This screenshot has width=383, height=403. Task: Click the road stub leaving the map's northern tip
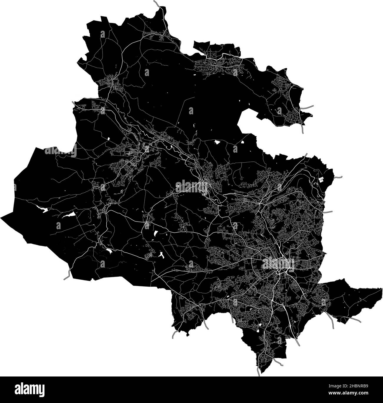pyautogui.click(x=156, y=3)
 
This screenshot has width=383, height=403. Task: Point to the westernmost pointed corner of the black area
pyautogui.click(x=1, y=217)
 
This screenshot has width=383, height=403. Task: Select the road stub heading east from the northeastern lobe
pyautogui.click(x=309, y=107)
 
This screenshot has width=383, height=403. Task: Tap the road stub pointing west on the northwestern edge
pyautogui.click(x=74, y=102)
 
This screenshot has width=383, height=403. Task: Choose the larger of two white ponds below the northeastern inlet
pyautogui.click(x=217, y=142)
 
